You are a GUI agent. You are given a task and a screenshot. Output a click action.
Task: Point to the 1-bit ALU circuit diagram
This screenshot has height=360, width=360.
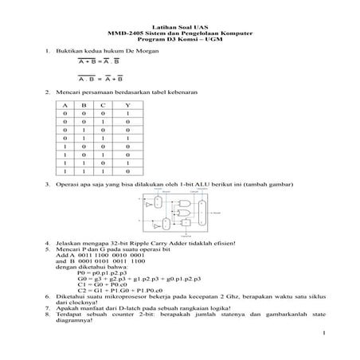[179, 214]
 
